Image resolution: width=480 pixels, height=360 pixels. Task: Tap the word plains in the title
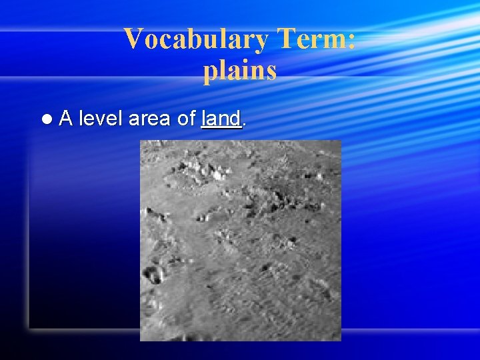(240, 71)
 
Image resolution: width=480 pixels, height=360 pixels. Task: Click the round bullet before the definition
(45, 119)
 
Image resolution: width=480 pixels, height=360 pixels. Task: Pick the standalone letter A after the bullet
(65, 119)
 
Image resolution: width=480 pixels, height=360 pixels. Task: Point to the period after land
(244, 124)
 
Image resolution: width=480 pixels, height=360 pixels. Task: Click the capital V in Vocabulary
(133, 40)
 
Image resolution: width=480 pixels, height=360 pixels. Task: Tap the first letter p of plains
(210, 73)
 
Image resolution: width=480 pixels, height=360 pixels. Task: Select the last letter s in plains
(271, 71)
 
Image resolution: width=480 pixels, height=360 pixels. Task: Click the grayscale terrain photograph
(240, 240)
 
